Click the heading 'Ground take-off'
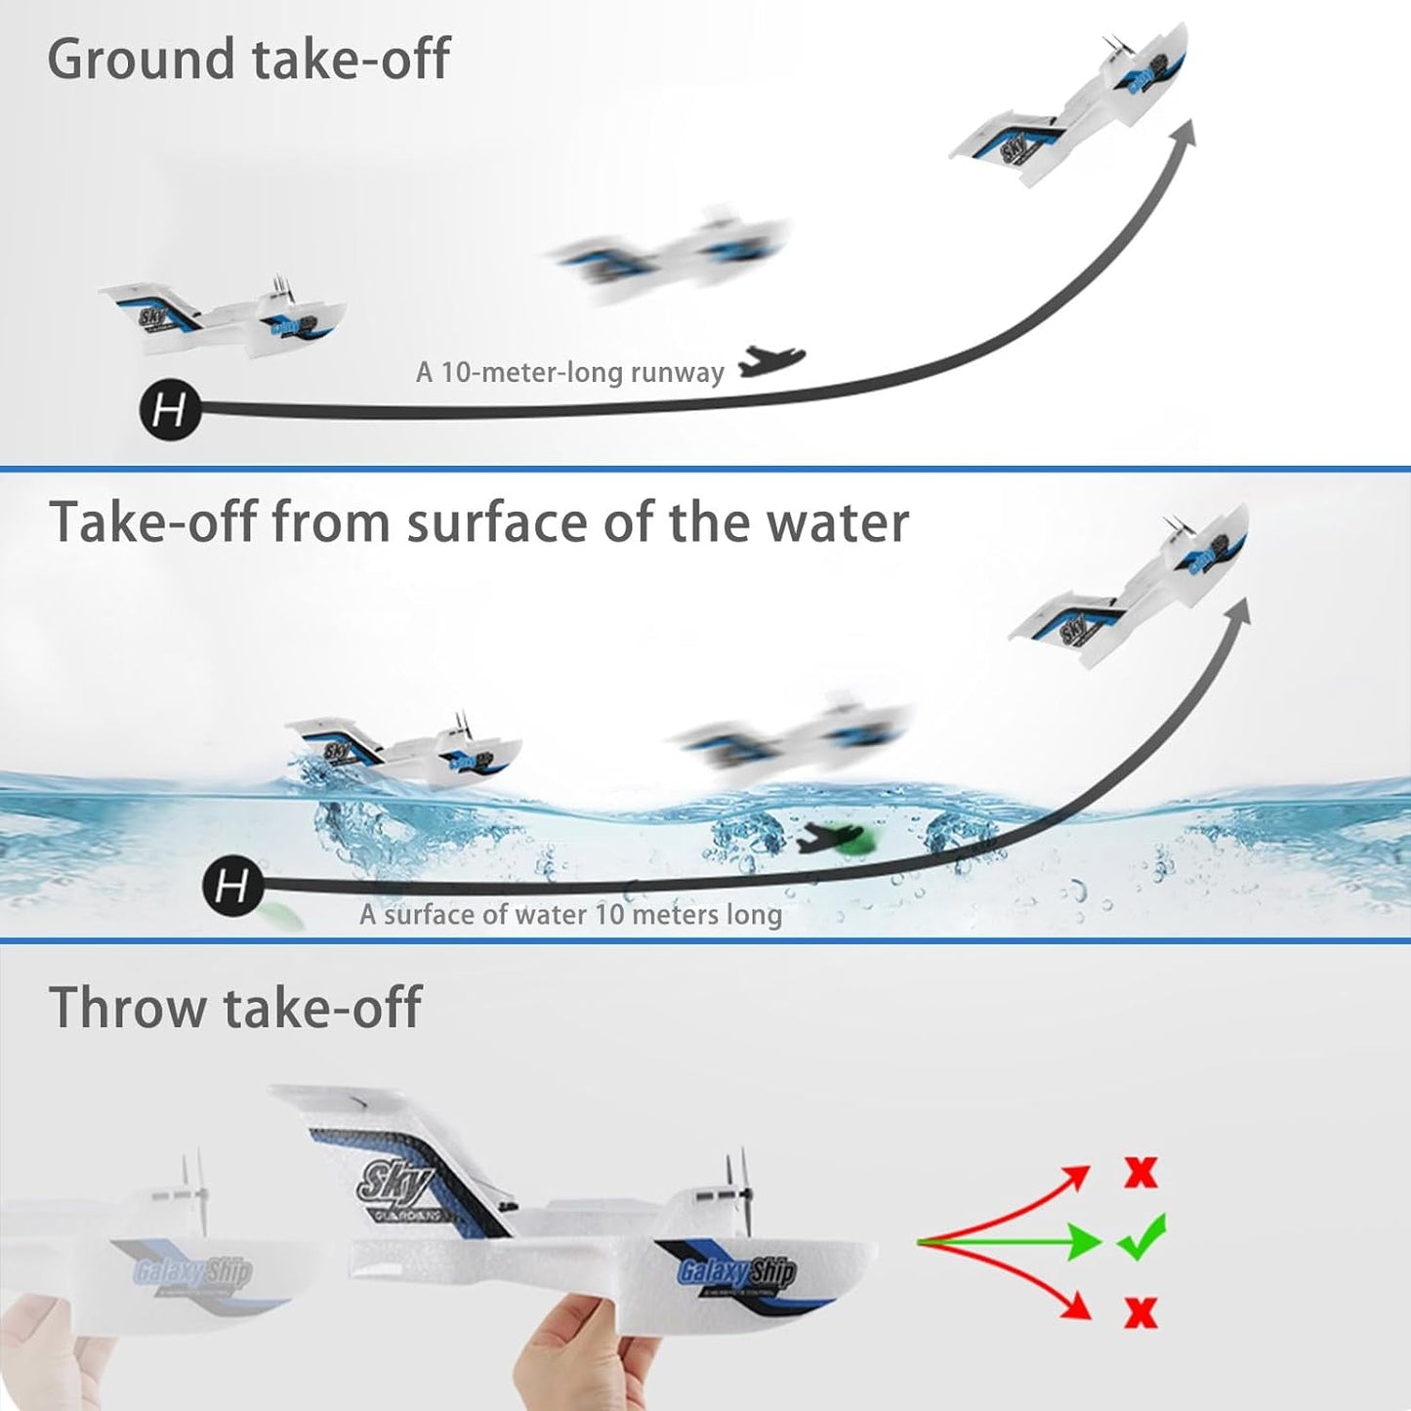(x=248, y=59)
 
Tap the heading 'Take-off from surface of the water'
(x=478, y=521)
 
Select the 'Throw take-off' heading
(x=235, y=1007)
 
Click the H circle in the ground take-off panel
(x=170, y=409)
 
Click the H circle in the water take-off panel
(x=231, y=887)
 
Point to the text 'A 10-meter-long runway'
(x=569, y=372)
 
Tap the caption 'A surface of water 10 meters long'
(x=570, y=915)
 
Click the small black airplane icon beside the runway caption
(x=771, y=361)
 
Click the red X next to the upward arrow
(x=1140, y=1171)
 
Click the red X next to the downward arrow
(x=1140, y=1312)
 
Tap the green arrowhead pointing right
(x=1084, y=1242)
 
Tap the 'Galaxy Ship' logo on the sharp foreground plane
(x=736, y=1271)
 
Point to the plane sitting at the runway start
(x=225, y=317)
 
